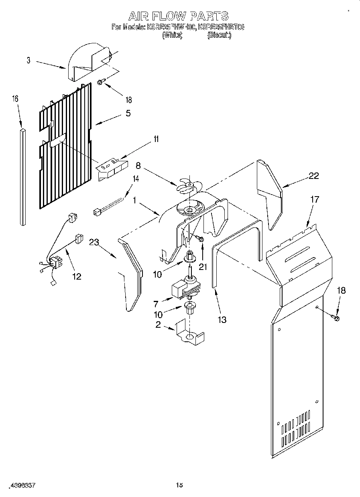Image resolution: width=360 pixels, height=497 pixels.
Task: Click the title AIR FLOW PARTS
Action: point(178,16)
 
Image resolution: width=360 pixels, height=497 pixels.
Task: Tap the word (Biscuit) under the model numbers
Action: point(219,35)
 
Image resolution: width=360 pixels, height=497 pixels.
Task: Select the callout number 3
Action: point(28,61)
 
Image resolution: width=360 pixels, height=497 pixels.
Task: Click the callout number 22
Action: point(314,175)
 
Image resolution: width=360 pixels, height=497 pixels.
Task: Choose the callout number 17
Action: point(315,199)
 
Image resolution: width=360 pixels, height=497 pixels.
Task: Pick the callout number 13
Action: point(222,319)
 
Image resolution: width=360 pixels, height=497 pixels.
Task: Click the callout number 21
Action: point(203,267)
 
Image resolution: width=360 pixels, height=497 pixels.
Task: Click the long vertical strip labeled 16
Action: point(22,176)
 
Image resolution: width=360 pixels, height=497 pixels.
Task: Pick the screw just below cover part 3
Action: point(101,83)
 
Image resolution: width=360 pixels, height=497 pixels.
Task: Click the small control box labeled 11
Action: point(113,167)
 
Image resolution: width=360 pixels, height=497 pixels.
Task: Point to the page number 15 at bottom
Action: point(179,485)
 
